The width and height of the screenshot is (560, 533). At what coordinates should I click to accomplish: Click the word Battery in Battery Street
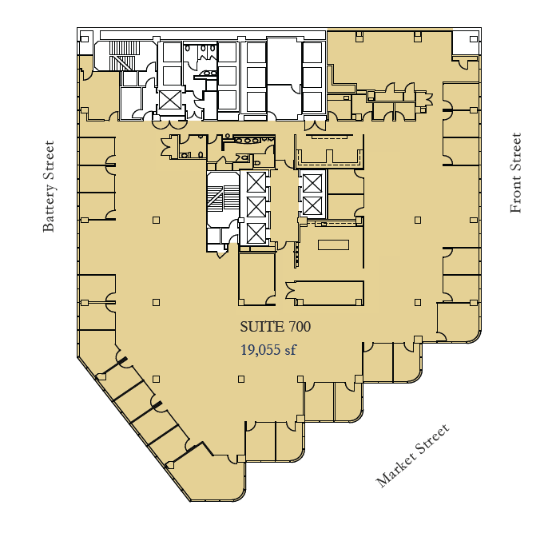(x=50, y=210)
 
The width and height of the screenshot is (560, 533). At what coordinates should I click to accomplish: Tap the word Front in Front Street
(x=516, y=197)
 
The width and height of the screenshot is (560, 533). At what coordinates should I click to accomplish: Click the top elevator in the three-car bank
(x=256, y=181)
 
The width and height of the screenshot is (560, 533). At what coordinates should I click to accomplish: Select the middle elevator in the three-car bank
(x=256, y=207)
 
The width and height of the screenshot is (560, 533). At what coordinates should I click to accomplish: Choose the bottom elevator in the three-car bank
(x=256, y=233)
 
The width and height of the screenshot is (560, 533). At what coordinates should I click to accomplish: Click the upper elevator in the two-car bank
(x=312, y=183)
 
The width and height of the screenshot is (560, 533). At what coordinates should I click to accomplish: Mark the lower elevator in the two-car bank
(x=312, y=205)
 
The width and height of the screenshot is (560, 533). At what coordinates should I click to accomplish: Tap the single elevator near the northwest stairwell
(x=169, y=100)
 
